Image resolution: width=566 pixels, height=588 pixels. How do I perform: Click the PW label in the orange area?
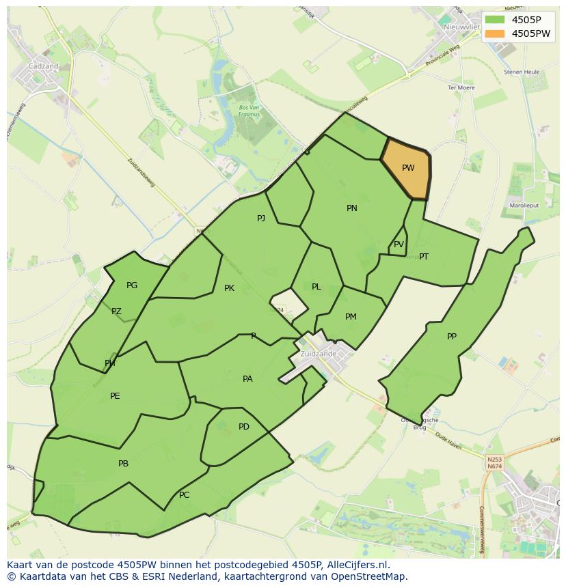pos(408,168)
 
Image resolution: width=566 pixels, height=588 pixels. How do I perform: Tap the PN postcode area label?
pos(352,208)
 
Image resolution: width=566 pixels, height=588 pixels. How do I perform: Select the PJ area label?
pos(261,219)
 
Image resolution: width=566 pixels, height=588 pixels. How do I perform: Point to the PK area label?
pos(229,288)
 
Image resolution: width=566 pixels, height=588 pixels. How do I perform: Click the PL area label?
pos(316,287)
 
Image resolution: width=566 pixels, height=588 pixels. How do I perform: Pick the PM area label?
pos(351,317)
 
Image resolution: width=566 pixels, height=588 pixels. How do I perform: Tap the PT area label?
pos(424,257)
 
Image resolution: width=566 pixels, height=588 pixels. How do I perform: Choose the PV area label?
pos(399,244)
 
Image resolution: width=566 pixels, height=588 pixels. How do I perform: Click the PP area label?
pos(452,337)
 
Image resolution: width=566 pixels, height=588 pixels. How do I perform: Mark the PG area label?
pos(132,285)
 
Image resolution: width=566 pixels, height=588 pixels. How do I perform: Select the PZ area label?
pos(116,312)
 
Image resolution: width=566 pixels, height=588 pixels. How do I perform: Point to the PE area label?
pos(115,396)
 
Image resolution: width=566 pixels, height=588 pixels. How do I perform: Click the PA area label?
pos(247,379)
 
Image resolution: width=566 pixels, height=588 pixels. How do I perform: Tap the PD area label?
pos(244,427)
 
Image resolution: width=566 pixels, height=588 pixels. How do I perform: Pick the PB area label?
pos(123,464)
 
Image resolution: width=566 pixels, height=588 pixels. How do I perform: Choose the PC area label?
pos(184,495)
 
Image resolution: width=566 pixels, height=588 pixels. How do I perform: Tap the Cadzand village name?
pos(43,66)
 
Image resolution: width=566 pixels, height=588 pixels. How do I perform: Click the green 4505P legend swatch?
pos(496,20)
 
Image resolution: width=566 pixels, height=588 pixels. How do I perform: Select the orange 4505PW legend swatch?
pos(496,33)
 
